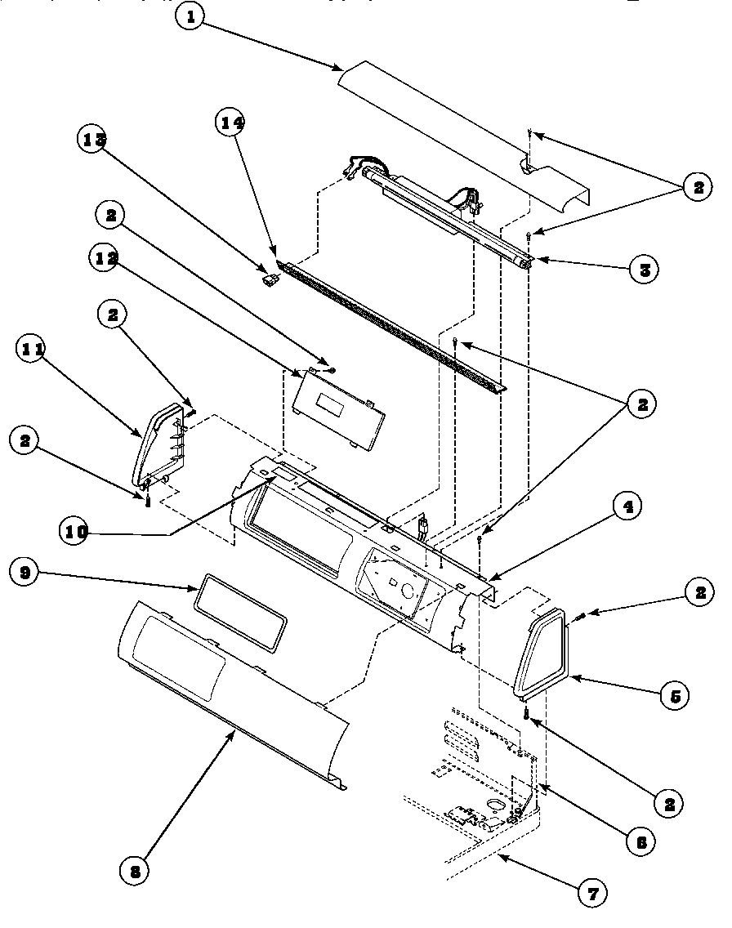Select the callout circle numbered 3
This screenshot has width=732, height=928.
[x=645, y=269]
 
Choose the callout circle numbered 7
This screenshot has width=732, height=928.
[x=592, y=893]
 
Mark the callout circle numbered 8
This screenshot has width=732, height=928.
[x=135, y=871]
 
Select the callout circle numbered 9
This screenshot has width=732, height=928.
[x=25, y=573]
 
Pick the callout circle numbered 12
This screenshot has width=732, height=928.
[x=108, y=259]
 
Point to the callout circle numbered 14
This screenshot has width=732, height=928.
[x=232, y=123]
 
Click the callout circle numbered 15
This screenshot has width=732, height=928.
[x=94, y=140]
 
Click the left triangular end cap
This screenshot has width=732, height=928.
[x=161, y=445]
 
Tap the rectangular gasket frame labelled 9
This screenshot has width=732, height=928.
[x=240, y=609]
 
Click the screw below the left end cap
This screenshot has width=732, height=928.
[x=148, y=502]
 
